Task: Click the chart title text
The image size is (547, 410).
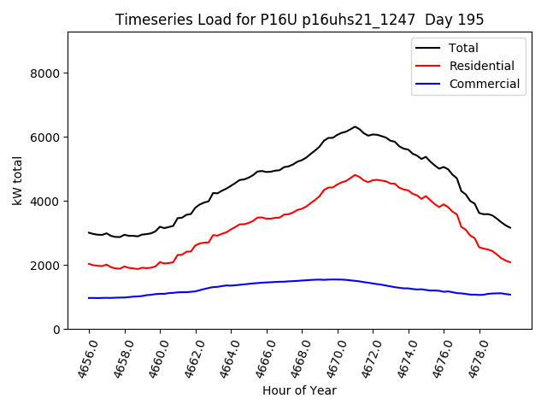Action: [x=299, y=20]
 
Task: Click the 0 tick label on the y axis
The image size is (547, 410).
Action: [x=56, y=330]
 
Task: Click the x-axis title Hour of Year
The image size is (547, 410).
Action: [x=298, y=391]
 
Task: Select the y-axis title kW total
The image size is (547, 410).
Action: [x=17, y=180]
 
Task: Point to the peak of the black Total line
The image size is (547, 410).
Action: [x=356, y=126]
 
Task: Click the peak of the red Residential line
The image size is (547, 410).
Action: [x=356, y=174]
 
